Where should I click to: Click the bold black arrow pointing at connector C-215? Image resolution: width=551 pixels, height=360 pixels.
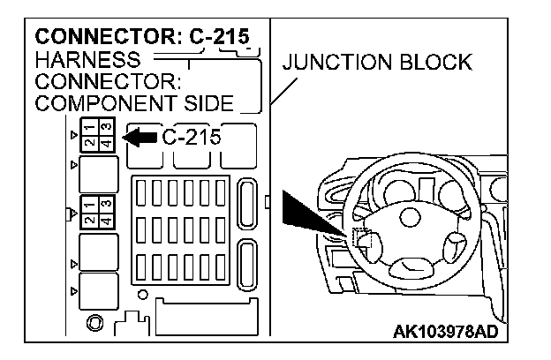139,138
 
